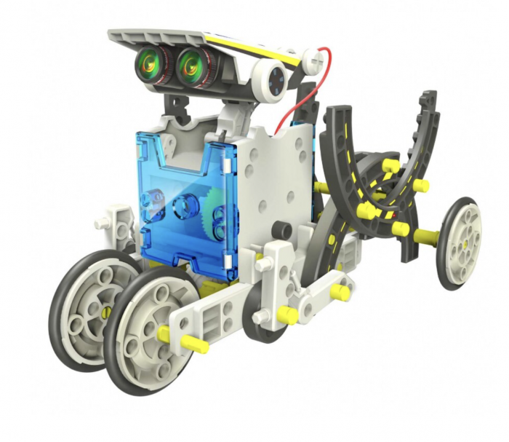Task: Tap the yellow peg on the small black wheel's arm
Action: coord(338,292)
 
